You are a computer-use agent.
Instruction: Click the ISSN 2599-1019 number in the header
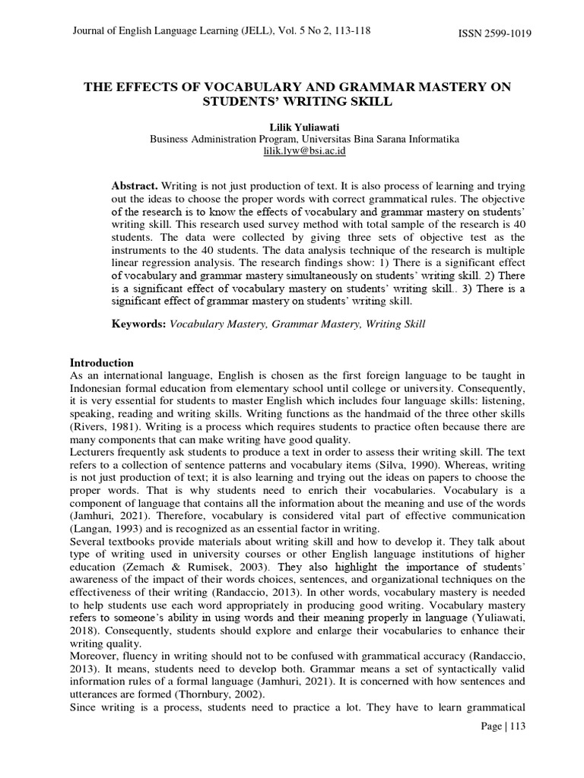pos(494,33)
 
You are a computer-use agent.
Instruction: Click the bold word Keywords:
pos(138,324)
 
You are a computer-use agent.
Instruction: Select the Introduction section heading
pos(101,362)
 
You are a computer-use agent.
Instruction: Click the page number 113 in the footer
pos(514,726)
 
